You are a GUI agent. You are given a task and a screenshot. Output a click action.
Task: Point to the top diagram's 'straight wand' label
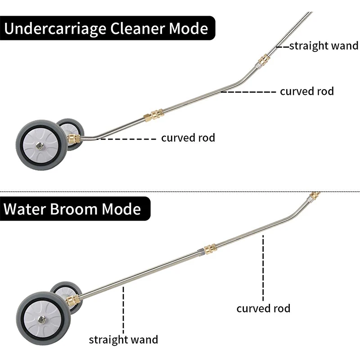(x=324, y=45)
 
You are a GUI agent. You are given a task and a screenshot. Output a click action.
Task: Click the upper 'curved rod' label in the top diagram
(x=307, y=91)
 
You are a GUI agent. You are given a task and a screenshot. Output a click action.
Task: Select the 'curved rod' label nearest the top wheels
(x=188, y=138)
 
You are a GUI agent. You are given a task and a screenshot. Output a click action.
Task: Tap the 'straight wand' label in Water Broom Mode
(x=123, y=339)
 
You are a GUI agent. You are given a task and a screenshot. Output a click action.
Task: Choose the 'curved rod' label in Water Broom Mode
(x=263, y=308)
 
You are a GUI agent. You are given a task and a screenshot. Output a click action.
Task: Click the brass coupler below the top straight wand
(x=261, y=60)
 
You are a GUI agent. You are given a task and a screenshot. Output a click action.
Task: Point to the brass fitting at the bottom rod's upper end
(x=315, y=196)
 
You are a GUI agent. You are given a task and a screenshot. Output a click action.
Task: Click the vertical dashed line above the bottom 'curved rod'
(x=263, y=270)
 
